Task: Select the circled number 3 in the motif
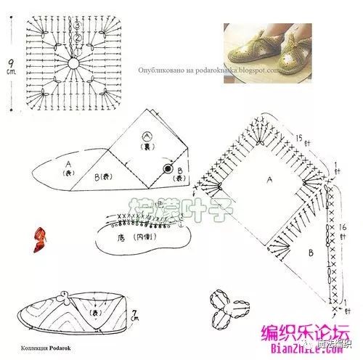click(76, 26)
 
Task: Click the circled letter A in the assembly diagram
click(148, 136)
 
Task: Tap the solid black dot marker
click(168, 169)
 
